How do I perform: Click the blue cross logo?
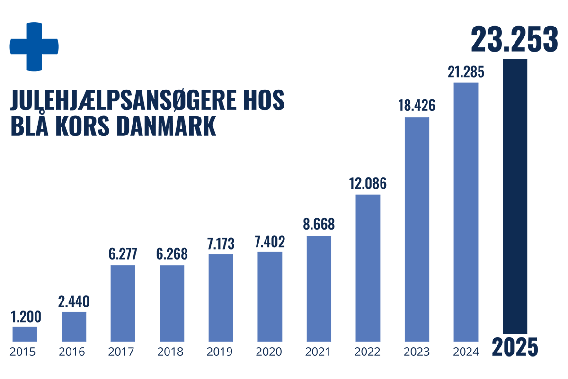[34, 46]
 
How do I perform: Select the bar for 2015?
[25, 334]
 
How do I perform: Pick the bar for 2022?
[368, 268]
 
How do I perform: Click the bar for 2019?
[221, 298]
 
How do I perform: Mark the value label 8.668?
[319, 224]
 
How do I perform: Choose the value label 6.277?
[123, 254]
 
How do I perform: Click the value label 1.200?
[25, 316]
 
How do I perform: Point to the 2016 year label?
[73, 352]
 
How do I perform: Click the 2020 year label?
[270, 352]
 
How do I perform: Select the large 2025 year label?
[515, 347]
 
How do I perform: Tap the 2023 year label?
[417, 352]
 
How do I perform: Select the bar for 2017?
[123, 303]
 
